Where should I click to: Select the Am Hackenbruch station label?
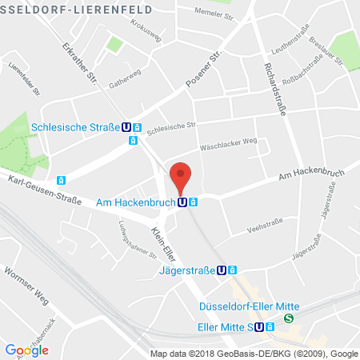coord(135,202)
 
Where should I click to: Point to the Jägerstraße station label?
coord(186,270)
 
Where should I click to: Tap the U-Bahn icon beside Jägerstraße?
coord(221,270)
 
